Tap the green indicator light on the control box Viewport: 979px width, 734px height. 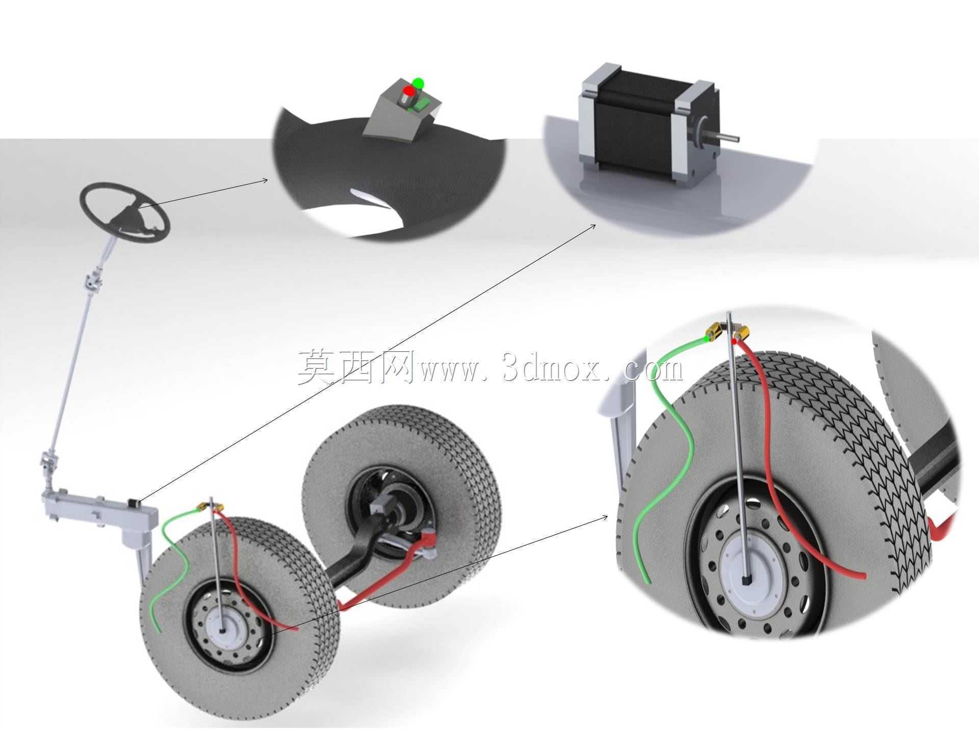[x=418, y=83]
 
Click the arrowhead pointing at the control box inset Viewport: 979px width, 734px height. [x=265, y=179]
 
